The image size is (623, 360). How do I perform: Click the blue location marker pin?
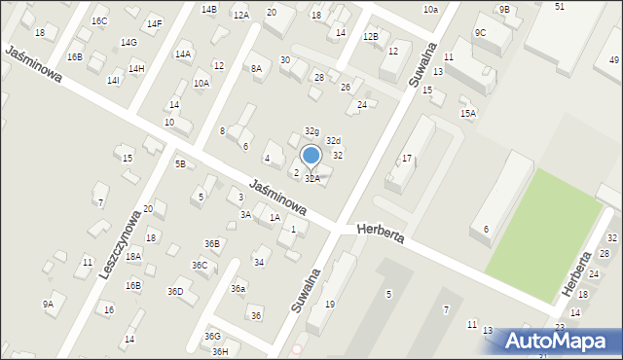click(x=311, y=156)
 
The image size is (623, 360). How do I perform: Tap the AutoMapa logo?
click(x=559, y=341)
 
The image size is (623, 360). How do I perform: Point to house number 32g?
click(x=311, y=130)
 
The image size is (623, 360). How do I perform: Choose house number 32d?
click(x=333, y=141)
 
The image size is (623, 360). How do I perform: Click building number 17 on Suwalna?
click(x=407, y=158)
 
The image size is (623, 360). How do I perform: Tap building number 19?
click(x=330, y=305)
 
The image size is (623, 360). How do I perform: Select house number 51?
click(x=560, y=7)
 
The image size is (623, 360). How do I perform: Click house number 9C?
click(x=480, y=32)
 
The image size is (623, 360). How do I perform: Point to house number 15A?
click(x=468, y=114)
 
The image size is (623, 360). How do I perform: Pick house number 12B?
click(x=370, y=36)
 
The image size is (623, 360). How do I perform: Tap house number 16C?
click(x=99, y=20)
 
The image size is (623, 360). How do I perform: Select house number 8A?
click(x=256, y=68)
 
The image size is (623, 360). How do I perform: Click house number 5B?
click(x=180, y=163)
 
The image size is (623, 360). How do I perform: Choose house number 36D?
click(x=175, y=291)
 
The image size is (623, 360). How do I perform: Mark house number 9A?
click(x=48, y=304)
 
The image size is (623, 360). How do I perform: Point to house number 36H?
click(x=220, y=351)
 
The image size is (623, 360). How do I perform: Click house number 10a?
click(x=430, y=9)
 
